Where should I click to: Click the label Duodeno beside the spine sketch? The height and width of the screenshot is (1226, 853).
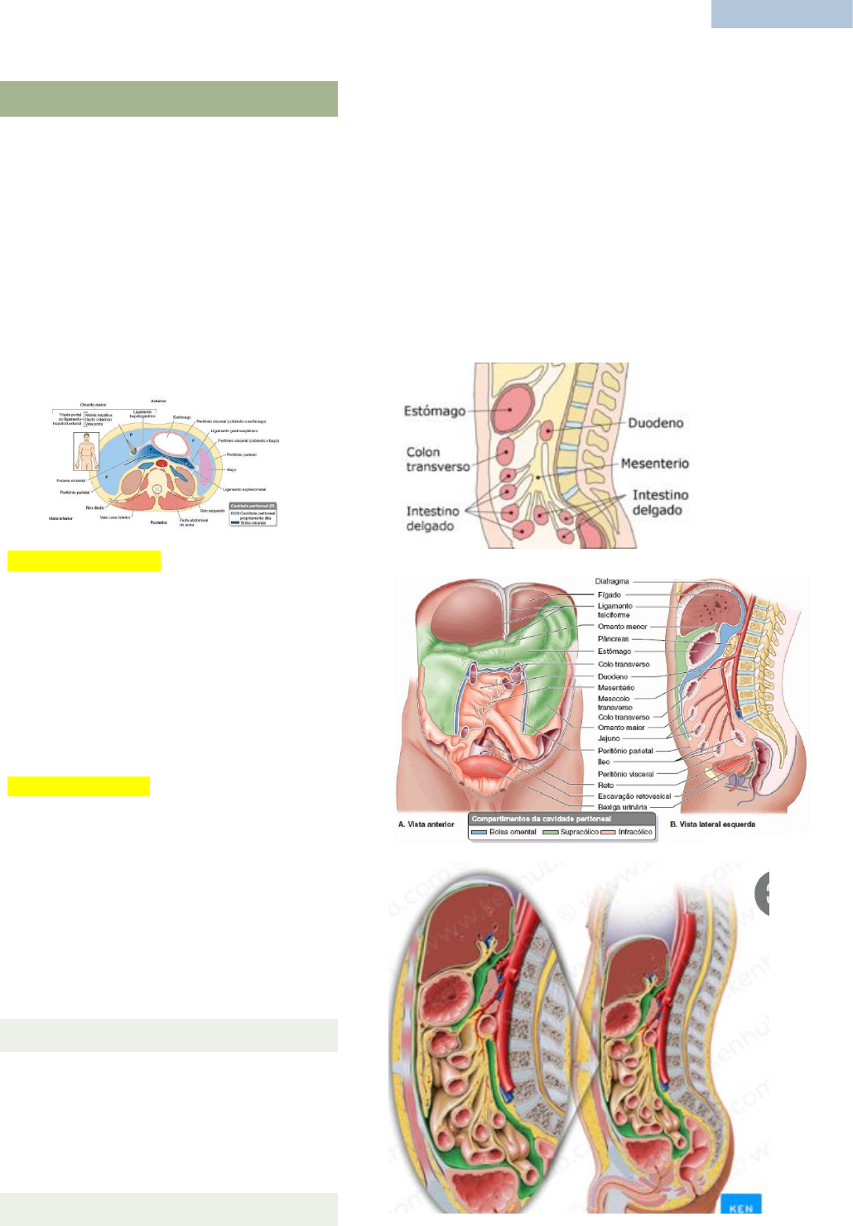655,423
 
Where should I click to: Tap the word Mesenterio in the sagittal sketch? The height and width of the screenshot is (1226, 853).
654,464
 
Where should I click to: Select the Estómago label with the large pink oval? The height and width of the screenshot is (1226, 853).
434,411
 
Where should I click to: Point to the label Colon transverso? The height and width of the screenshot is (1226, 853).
437,459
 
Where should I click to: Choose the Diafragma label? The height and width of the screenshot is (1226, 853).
612,582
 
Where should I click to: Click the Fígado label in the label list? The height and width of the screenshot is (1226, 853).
609,594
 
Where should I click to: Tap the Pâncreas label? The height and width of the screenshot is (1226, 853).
613,639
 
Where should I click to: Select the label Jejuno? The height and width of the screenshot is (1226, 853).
609,738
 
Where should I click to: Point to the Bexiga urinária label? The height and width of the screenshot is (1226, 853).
622,807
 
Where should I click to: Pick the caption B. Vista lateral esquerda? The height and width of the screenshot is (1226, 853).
712,825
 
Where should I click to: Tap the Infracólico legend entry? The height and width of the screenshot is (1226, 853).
634,832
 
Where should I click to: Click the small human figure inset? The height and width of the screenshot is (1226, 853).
85,451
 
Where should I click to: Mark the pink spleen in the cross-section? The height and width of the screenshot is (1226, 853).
206,468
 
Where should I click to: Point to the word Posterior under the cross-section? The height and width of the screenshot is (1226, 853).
158,522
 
